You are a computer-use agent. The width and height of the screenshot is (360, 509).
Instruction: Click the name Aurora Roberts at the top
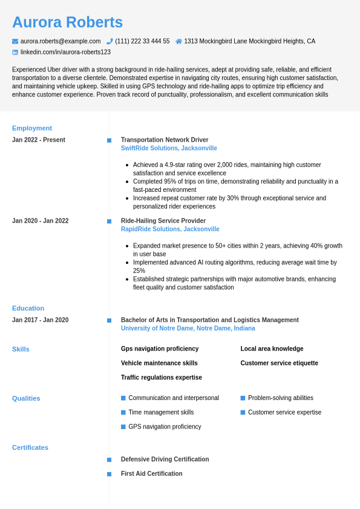67,22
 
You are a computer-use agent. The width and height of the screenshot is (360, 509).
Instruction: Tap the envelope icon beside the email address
15,41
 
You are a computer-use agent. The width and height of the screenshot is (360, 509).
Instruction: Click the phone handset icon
110,41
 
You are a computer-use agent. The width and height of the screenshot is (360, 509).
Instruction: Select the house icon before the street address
178,41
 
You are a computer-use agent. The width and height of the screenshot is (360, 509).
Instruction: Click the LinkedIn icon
15,52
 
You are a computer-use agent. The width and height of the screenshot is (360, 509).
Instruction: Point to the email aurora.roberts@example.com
61,41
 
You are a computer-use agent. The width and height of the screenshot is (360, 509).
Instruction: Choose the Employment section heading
32,128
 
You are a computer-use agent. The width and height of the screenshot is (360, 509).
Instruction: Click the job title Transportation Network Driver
165,140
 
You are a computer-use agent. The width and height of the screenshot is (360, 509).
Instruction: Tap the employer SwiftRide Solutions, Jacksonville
169,148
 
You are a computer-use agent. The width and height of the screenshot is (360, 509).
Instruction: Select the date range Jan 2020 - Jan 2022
41,221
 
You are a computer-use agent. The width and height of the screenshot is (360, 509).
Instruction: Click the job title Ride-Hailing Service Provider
163,221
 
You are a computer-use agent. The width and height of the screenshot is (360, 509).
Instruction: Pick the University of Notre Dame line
188,329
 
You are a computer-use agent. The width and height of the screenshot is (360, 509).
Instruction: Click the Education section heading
28,308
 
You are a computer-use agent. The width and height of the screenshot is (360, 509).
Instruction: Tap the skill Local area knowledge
272,349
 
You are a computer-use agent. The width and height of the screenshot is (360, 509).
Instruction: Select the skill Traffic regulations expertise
162,378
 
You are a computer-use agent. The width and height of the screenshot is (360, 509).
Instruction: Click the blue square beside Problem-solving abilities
243,398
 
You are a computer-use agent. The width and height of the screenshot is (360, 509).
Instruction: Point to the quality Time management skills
161,413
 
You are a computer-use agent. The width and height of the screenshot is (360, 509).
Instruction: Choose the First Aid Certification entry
151,474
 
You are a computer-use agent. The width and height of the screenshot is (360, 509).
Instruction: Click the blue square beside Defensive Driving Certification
109,460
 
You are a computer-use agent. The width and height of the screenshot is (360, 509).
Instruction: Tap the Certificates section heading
30,448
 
